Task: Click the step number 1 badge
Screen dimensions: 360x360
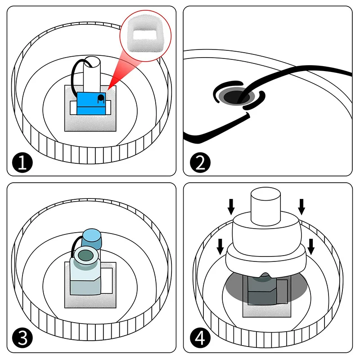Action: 22,162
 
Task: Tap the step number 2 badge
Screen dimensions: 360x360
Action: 199,162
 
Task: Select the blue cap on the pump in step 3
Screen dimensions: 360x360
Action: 93,238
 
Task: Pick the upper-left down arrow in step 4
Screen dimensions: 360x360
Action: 231,207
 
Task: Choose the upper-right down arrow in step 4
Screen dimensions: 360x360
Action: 301,207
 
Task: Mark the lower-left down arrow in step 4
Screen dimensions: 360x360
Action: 220,246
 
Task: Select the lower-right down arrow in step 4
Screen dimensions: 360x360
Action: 311,246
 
